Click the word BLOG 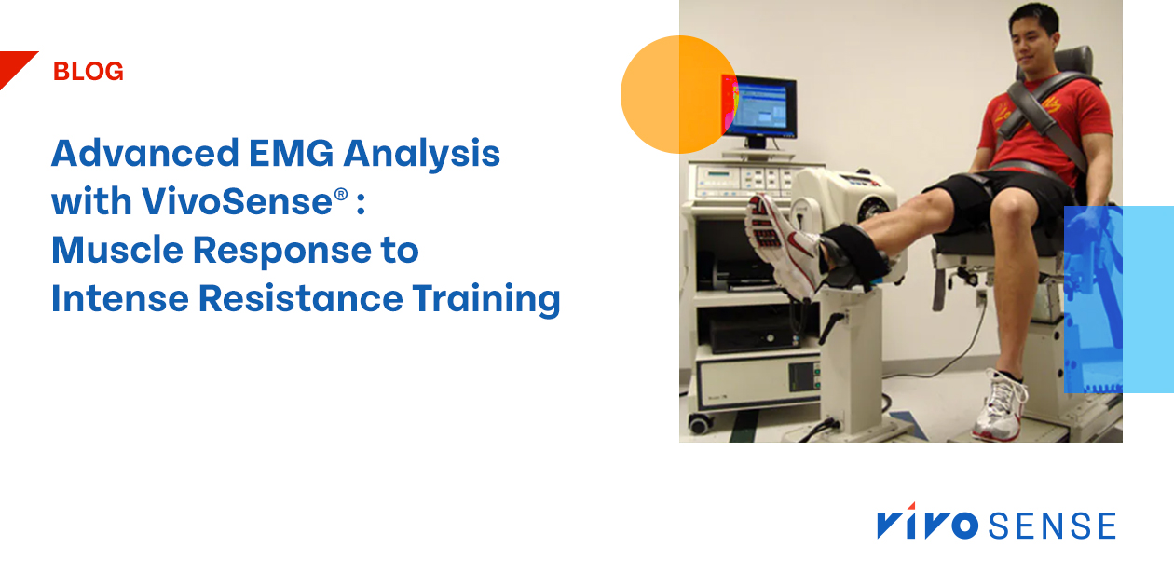click(89, 72)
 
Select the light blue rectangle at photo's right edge click(1118, 298)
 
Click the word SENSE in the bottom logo click(1051, 526)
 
